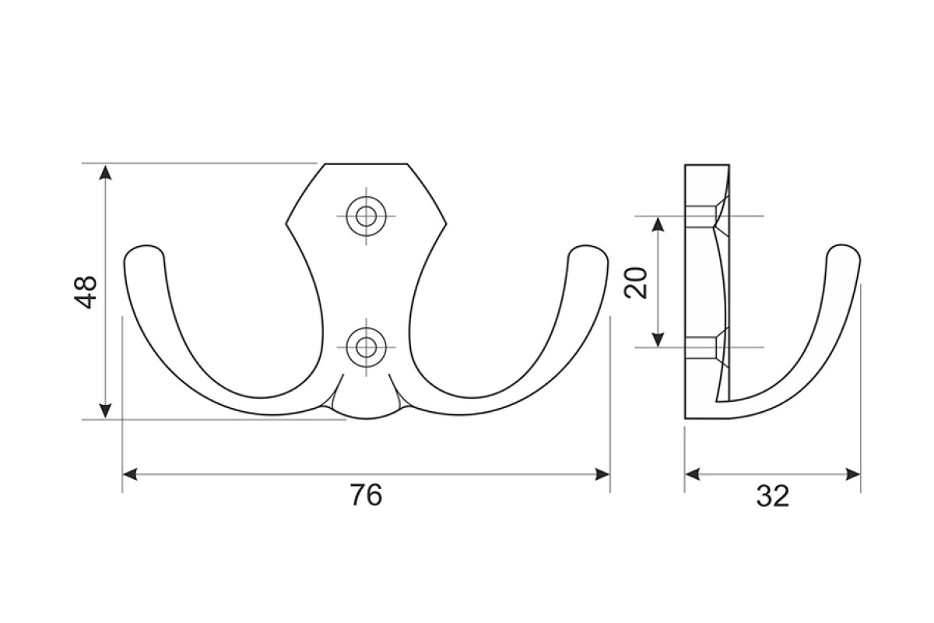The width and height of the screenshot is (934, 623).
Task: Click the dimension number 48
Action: (85, 292)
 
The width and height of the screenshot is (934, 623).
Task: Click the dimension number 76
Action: (366, 495)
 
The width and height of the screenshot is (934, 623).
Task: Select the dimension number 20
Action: (636, 283)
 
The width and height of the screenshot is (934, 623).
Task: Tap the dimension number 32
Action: (773, 496)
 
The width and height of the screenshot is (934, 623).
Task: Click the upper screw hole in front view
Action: (366, 216)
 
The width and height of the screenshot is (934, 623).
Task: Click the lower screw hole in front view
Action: (366, 347)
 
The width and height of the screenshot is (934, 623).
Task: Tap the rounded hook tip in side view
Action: (843, 252)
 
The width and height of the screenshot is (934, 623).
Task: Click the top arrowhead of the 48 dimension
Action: (106, 172)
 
